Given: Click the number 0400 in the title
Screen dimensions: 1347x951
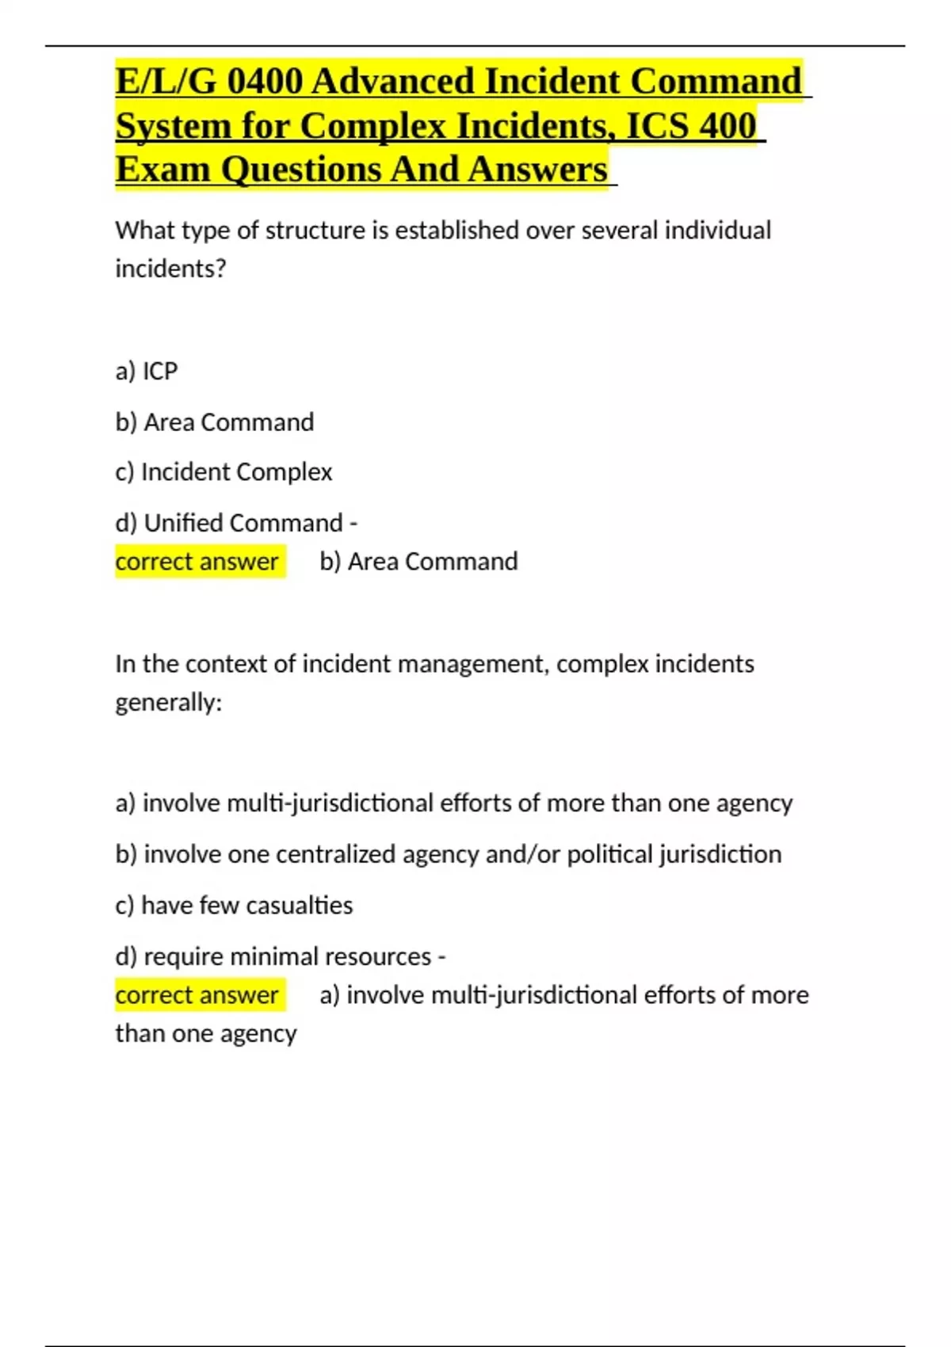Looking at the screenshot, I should coord(265,82).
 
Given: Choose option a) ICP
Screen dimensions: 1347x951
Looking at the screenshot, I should coord(147,371).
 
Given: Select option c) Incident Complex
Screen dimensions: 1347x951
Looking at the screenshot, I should coord(223,472).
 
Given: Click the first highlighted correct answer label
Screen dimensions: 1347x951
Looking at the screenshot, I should coord(197,562).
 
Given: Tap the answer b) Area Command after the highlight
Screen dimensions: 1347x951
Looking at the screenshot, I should coord(418,562).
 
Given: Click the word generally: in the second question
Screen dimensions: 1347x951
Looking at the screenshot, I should coord(169,703).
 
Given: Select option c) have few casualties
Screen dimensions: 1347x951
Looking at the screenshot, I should coord(234,905).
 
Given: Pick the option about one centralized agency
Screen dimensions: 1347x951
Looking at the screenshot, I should coord(448,854).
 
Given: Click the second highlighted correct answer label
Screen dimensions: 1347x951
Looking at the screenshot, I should coord(197,995).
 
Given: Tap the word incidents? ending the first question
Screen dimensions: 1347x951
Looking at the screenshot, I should coord(170,269).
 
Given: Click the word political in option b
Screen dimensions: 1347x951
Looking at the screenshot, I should coord(609,854).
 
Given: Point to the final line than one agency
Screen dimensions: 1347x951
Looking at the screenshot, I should coord(206,1034).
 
